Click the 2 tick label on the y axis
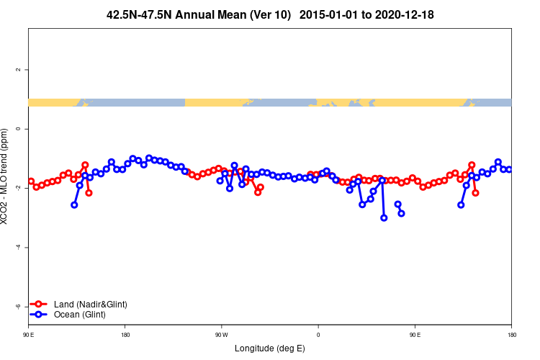(18, 70)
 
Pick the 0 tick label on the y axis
(18, 129)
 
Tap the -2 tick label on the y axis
(18, 188)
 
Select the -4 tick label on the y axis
(18, 247)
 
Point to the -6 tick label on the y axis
(18, 307)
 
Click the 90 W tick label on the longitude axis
(221, 335)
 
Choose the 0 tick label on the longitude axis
(318, 335)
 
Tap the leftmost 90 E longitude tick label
(28, 335)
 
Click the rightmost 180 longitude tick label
(511, 335)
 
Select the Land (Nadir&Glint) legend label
(90, 305)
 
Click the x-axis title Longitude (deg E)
(270, 348)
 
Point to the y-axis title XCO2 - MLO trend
(6, 176)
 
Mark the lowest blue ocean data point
(384, 217)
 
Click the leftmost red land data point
(31, 181)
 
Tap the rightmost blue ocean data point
(509, 169)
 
